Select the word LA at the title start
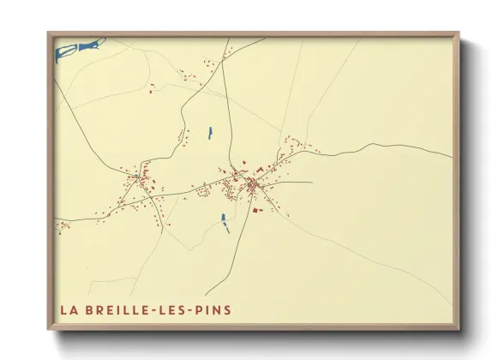(69, 309)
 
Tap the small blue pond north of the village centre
(210, 132)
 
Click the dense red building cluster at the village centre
(254, 184)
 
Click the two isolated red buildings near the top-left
(152, 87)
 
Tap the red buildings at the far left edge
(63, 226)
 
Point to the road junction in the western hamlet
(139, 178)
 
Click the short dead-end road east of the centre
(296, 182)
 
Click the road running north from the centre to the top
(225, 103)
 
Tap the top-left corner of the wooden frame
(49, 34)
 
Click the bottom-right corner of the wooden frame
(457, 328)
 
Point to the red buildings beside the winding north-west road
(181, 137)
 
